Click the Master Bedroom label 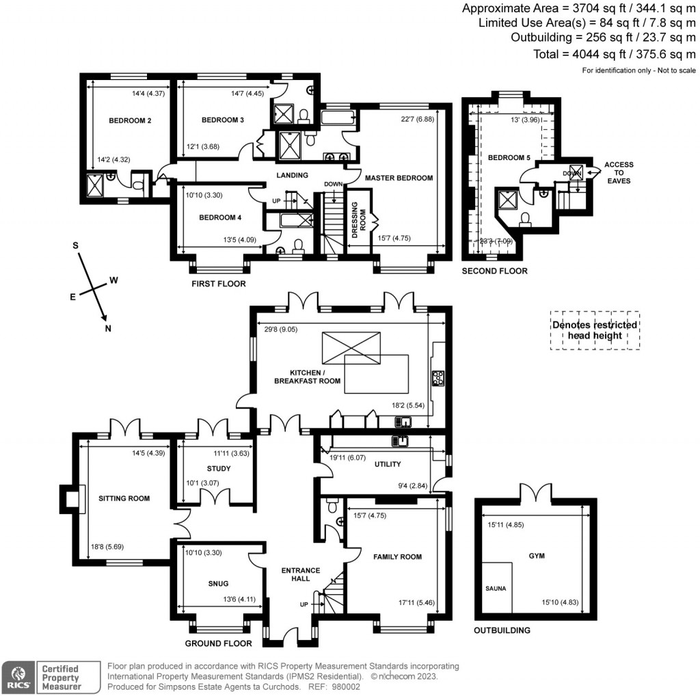[399, 178]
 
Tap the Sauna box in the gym [496, 587]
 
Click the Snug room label [218, 583]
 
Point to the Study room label [218, 468]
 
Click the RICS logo [17, 675]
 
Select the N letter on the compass [107, 328]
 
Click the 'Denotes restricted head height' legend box [595, 330]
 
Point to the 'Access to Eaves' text [618, 173]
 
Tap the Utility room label [387, 464]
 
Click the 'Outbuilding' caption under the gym [502, 630]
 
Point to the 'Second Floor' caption [495, 271]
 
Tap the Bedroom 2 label [130, 121]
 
